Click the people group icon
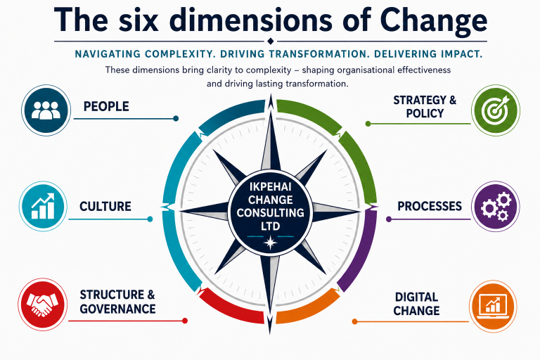click(x=46, y=110)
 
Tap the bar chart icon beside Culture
click(x=43, y=206)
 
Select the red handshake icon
click(x=43, y=304)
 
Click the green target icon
click(x=496, y=110)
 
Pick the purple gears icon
click(x=495, y=206)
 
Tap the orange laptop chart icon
click(x=493, y=306)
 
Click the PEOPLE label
click(x=106, y=106)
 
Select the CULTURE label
click(x=105, y=206)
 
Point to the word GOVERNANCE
click(x=118, y=309)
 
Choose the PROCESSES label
click(x=430, y=206)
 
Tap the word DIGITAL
click(x=416, y=297)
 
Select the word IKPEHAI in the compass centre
click(x=270, y=186)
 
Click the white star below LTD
click(x=270, y=243)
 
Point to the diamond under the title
click(x=270, y=41)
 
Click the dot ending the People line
click(x=176, y=119)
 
